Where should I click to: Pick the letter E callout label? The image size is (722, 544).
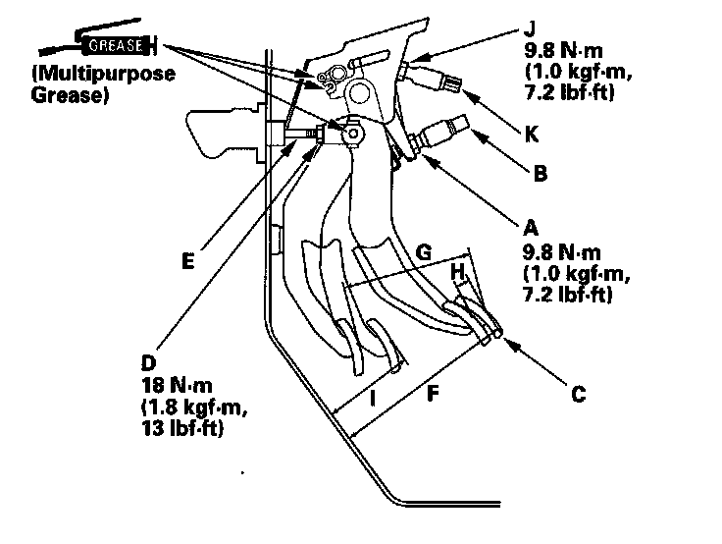click(x=188, y=262)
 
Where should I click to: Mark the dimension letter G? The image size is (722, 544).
click(x=424, y=253)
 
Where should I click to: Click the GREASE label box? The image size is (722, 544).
click(x=117, y=45)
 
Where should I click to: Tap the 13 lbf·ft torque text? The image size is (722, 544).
click(x=180, y=429)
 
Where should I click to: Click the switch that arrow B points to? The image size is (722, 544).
click(x=447, y=131)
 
